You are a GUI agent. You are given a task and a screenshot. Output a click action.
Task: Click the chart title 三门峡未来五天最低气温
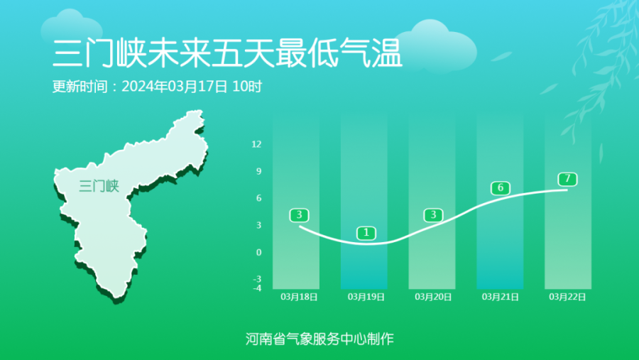coord(227,53)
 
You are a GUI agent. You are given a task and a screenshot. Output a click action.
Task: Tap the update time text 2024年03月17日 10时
coord(192,87)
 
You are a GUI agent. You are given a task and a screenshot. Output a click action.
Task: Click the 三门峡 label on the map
coord(99,186)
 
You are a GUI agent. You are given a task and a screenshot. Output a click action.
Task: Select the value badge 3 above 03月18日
coord(299,215)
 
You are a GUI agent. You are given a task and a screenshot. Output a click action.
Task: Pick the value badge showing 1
coord(366,233)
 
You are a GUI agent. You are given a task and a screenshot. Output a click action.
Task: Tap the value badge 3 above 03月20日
coord(433,215)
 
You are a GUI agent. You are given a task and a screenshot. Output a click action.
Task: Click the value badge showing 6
coord(501,188)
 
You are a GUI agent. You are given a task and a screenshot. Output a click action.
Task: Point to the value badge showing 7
coord(567,179)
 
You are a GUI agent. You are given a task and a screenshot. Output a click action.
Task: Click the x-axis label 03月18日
coord(299,297)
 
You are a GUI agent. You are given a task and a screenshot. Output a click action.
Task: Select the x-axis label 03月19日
coord(366,297)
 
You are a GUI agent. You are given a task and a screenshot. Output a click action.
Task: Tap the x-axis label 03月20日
coord(433,297)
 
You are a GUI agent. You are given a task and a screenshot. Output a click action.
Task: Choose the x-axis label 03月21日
coord(500,297)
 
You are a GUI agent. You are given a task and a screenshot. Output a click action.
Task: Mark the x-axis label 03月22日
coord(567,297)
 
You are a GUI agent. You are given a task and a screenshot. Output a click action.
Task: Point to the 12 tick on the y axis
coord(256,144)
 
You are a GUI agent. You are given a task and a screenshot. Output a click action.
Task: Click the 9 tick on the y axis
coord(258,171)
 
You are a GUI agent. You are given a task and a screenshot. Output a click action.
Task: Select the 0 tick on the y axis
coord(258,252)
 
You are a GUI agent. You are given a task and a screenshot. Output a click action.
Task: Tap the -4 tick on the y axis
coord(257,288)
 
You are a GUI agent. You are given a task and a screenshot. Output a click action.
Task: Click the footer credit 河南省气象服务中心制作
coord(319,339)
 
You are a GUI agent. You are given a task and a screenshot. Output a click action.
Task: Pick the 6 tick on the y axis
coord(258,198)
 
